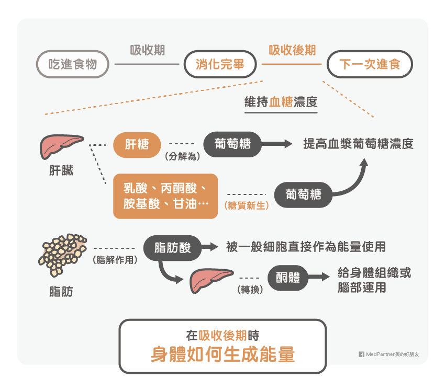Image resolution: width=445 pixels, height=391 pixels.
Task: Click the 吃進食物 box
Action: click(x=73, y=64)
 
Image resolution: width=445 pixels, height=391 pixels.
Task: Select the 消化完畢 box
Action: click(x=220, y=64)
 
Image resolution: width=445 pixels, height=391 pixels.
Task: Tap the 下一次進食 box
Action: click(x=370, y=64)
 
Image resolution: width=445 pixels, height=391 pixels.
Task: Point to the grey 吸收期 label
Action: click(x=147, y=50)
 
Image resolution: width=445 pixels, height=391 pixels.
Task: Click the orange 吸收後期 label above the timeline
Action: click(x=292, y=50)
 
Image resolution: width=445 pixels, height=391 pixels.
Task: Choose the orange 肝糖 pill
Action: click(x=137, y=145)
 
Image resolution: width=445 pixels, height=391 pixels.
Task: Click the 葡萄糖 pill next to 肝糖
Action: click(x=232, y=144)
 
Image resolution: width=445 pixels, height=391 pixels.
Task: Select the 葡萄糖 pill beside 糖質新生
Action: click(x=303, y=194)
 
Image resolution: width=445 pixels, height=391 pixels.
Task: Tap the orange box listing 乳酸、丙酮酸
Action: click(x=165, y=196)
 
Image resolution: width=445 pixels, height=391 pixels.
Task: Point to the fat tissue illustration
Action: click(x=62, y=255)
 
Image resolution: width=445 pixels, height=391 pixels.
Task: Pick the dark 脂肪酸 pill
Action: click(x=172, y=248)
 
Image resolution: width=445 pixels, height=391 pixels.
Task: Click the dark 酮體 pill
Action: click(x=288, y=278)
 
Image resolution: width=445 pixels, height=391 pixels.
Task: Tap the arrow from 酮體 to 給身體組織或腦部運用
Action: click(x=319, y=277)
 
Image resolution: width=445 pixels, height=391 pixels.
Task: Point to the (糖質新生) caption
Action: click(x=247, y=205)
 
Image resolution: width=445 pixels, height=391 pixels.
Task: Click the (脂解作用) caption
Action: click(x=115, y=259)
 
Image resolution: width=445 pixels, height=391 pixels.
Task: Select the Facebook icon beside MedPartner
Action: click(x=362, y=354)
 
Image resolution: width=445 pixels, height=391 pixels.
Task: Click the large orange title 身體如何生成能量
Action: click(x=223, y=354)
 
